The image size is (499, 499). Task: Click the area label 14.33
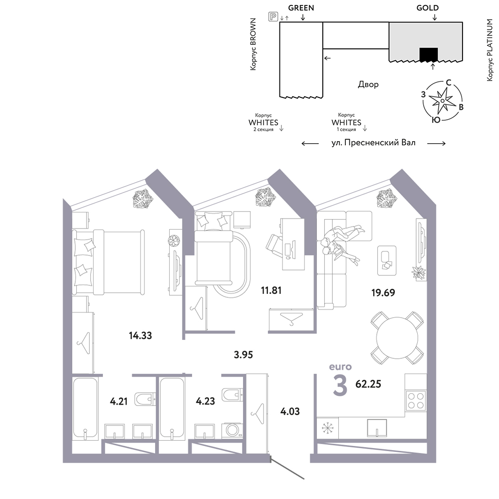click(x=140, y=335)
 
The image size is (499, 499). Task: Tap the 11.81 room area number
click(x=271, y=290)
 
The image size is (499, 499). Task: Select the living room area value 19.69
click(x=383, y=292)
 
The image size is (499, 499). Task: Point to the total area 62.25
click(x=368, y=384)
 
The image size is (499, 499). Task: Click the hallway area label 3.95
click(x=244, y=354)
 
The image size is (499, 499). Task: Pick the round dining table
click(x=397, y=338)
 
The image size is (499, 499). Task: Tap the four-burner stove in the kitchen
click(x=416, y=401)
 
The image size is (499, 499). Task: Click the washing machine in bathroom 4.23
click(x=233, y=430)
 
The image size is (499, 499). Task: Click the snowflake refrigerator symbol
click(x=327, y=428)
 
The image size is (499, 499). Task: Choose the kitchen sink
click(x=377, y=428)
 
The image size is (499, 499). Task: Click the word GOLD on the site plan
click(x=428, y=7)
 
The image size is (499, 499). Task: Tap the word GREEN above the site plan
click(x=301, y=7)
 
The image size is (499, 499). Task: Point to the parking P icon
click(x=273, y=16)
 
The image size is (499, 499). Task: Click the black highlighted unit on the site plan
click(x=429, y=54)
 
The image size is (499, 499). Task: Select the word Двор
click(x=368, y=84)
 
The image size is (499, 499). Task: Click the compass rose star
click(x=442, y=101)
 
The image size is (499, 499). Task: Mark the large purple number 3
click(x=340, y=385)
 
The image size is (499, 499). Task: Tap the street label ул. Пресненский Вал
click(x=374, y=143)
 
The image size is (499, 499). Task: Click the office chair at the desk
click(x=274, y=245)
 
